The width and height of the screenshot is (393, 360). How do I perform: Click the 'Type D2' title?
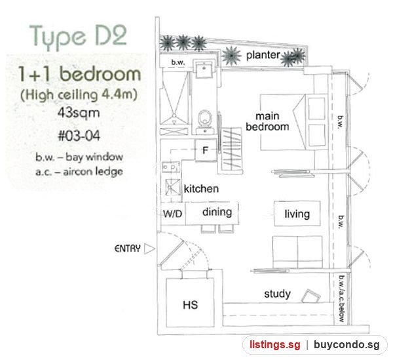pyautogui.click(x=78, y=37)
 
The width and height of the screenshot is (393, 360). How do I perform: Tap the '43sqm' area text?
pyautogui.click(x=79, y=113)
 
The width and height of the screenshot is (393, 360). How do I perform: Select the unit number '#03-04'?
pyautogui.click(x=79, y=136)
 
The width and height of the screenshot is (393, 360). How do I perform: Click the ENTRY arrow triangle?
pyautogui.click(x=149, y=249)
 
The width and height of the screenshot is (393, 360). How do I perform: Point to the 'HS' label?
pyautogui.click(x=190, y=305)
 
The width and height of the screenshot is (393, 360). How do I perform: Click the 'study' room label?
pyautogui.click(x=278, y=294)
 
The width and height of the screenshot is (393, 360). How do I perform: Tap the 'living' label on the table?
pyautogui.click(x=297, y=214)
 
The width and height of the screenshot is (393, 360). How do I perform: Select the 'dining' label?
pyautogui.click(x=217, y=212)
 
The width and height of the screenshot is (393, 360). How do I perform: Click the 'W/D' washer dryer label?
pyautogui.click(x=172, y=214)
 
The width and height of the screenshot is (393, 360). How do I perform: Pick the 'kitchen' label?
pyautogui.click(x=201, y=189)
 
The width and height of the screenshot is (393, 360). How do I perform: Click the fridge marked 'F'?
pyautogui.click(x=206, y=150)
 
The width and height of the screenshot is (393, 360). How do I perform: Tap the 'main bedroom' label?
pyautogui.click(x=267, y=121)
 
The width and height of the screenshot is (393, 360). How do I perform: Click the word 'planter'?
pyautogui.click(x=263, y=55)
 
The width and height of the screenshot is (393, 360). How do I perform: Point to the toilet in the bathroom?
pyautogui.click(x=205, y=117)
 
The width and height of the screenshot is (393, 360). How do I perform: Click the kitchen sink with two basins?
pyautogui.click(x=171, y=167)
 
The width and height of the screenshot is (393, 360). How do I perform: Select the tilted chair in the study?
pyautogui.click(x=310, y=296)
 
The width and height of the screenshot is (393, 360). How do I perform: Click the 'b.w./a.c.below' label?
pyautogui.click(x=341, y=298)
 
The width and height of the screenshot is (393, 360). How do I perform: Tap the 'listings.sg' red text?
pyautogui.click(x=274, y=345)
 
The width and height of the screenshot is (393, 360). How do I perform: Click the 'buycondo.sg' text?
pyautogui.click(x=346, y=345)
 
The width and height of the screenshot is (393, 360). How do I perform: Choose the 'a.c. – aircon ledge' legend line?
pyautogui.click(x=79, y=172)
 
